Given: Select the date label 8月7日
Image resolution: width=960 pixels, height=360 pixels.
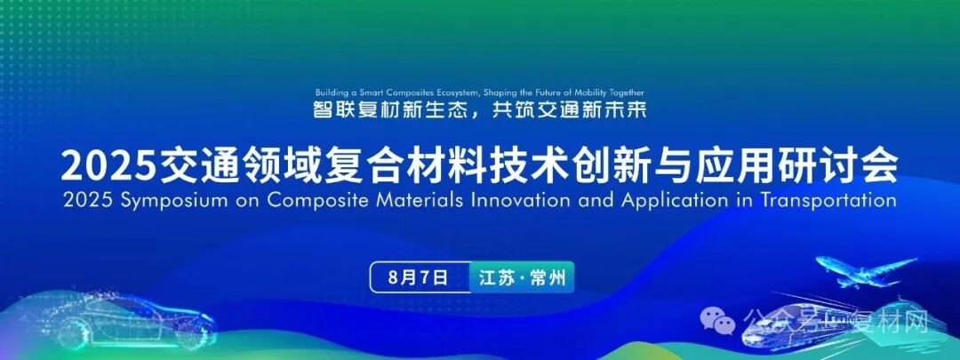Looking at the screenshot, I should pos(418,277).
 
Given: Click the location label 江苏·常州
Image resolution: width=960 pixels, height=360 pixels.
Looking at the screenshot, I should pos(521,277).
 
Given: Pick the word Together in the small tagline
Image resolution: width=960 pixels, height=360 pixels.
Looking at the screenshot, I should pos(623,92).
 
